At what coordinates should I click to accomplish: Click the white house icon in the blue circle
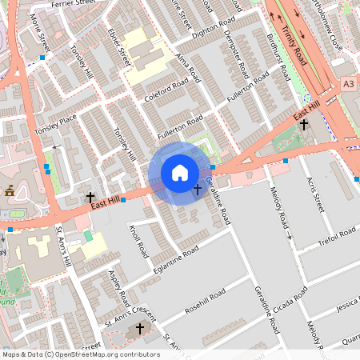[x=180, y=173]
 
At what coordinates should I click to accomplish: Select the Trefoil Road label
[x=336, y=238]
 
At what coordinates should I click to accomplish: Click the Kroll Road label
[x=139, y=239]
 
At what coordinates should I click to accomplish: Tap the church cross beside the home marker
[x=197, y=190]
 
